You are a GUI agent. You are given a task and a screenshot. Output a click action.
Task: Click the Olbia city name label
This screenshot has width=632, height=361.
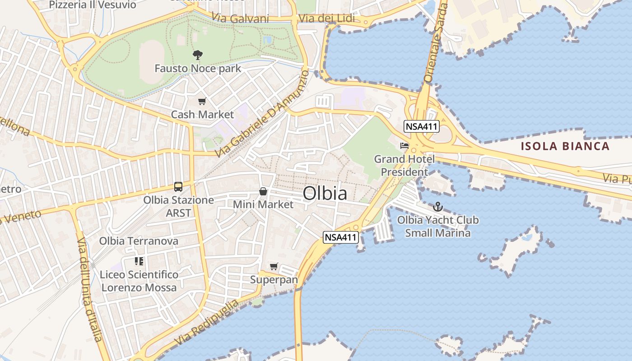point(325,193)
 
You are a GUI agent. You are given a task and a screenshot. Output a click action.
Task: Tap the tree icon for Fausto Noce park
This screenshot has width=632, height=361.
point(197,56)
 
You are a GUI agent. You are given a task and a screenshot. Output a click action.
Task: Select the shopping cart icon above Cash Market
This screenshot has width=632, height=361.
point(202,102)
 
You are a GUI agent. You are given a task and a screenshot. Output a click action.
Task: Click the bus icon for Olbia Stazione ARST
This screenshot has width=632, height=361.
point(178,186)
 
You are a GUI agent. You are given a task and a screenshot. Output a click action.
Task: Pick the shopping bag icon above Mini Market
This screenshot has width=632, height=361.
point(263,192)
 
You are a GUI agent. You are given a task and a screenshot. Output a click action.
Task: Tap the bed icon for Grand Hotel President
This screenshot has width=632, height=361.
point(404,146)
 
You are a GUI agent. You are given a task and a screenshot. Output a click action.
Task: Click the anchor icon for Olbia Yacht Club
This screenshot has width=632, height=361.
point(437,207)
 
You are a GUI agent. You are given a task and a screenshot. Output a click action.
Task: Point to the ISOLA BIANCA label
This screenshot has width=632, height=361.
point(565,146)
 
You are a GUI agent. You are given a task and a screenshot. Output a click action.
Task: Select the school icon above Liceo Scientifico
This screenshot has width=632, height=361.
point(139,261)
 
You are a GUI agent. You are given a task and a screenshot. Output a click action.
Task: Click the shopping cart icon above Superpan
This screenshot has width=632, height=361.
point(274,266)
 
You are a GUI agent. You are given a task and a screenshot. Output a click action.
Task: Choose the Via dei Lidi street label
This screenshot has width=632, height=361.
point(326,19)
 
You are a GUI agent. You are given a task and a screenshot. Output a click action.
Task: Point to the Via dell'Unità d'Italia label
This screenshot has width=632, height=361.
point(90,289)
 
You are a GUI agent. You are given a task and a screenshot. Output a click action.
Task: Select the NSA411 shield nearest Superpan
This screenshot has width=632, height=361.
point(341,237)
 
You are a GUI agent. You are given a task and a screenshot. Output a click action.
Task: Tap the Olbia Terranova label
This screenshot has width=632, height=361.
point(139,241)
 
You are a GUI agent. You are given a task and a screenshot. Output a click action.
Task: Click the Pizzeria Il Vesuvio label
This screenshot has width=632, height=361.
point(92,5)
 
